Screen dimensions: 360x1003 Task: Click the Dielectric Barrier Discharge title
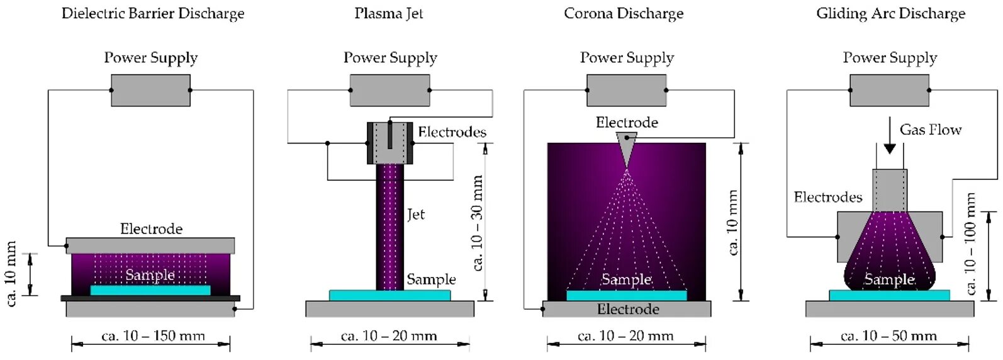coord(153,14)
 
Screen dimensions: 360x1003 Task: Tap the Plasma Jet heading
coord(388,14)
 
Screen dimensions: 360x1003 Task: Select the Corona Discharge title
coord(624,14)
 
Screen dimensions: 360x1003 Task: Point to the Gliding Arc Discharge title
coord(890,14)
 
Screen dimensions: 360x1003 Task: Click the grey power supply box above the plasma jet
coord(389,90)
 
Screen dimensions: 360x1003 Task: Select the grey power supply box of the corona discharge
coord(626,90)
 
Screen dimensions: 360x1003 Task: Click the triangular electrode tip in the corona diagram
coord(626,146)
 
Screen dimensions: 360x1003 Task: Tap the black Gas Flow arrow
coord(889,136)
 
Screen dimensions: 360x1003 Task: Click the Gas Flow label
coord(930,130)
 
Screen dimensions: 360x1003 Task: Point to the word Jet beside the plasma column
coord(415,215)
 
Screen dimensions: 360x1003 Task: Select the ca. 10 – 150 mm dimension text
coord(153,336)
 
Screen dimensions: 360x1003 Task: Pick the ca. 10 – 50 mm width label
coord(888,336)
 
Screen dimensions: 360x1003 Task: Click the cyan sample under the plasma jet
coord(389,295)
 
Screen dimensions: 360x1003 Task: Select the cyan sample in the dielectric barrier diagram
coord(150,290)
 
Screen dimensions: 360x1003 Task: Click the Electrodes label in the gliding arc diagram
coord(827,198)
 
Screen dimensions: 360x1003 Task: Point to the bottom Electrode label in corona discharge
coord(627,309)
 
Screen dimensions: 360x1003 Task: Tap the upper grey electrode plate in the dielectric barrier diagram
coord(150,245)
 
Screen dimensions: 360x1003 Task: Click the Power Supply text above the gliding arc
coord(890,58)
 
